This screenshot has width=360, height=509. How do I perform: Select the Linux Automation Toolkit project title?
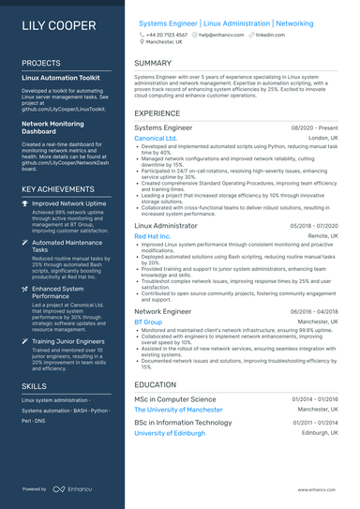click(x=60, y=80)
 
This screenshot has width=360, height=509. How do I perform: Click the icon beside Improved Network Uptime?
click(x=25, y=202)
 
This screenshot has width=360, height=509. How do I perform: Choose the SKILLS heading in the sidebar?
click(x=34, y=385)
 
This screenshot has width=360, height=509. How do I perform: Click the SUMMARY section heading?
click(x=153, y=63)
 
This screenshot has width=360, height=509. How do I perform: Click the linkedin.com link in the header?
click(x=270, y=34)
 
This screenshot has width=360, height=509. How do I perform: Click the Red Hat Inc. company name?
click(x=153, y=237)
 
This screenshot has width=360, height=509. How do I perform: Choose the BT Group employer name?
click(x=148, y=322)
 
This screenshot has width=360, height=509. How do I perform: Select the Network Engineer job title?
click(x=162, y=310)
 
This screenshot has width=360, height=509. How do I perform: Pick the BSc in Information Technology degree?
click(x=183, y=423)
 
